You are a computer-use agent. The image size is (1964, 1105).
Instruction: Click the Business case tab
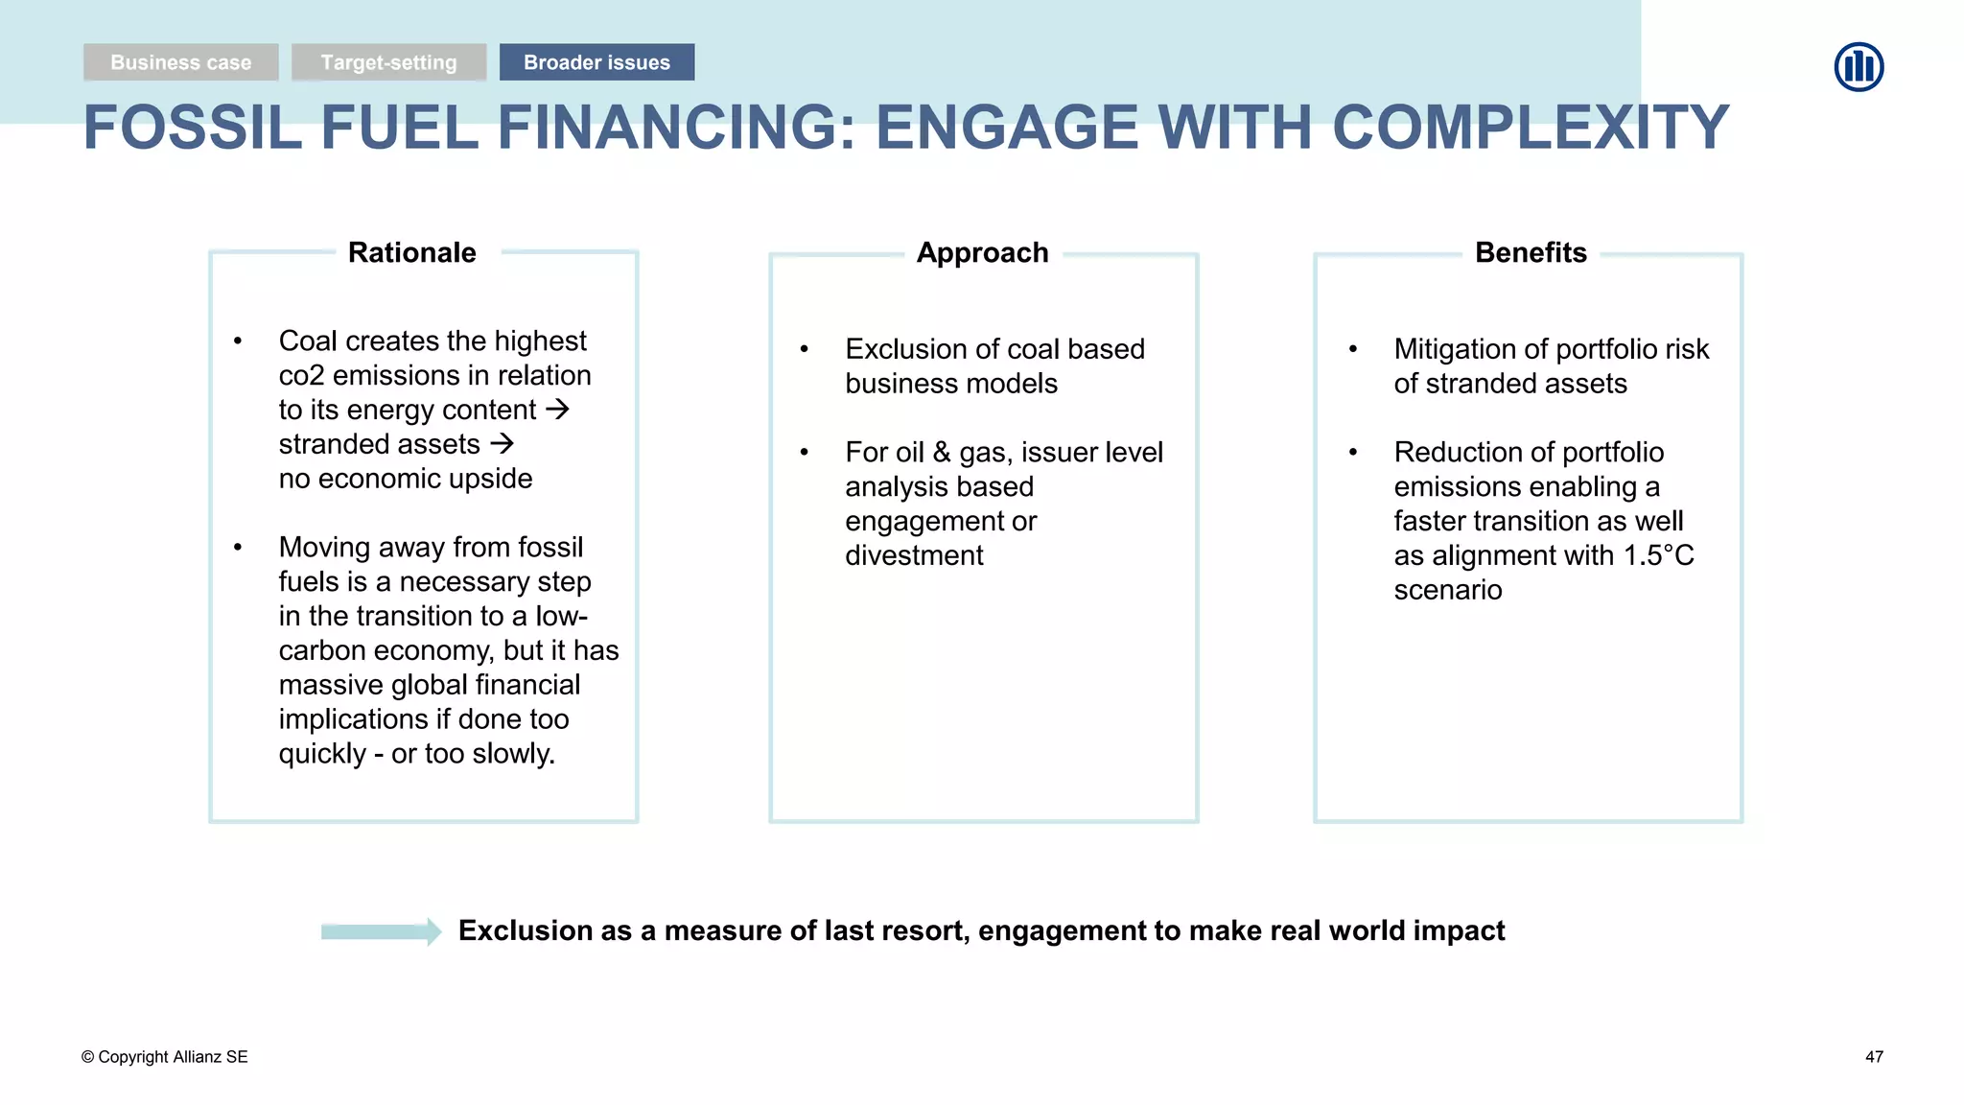click(180, 62)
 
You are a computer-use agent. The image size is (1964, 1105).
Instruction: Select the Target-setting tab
click(388, 62)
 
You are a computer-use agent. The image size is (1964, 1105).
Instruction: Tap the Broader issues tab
click(596, 62)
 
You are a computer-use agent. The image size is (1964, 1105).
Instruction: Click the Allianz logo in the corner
click(1859, 67)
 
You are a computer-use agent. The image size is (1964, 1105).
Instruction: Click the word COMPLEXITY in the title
click(1531, 128)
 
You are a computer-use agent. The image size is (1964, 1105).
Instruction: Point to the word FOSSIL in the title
click(192, 128)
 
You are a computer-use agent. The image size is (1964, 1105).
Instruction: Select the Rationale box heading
click(411, 252)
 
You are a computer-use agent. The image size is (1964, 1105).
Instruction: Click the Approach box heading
click(982, 252)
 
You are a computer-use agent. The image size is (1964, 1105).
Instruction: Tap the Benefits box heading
click(1531, 252)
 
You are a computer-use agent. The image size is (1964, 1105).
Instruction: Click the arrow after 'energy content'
click(557, 410)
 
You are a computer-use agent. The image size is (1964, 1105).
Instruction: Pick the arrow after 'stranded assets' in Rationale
click(502, 444)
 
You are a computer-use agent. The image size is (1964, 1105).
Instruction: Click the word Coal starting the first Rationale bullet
click(308, 341)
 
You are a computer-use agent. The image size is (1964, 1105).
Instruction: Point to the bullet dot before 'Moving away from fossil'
click(238, 548)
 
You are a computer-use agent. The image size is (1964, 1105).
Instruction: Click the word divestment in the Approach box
click(914, 555)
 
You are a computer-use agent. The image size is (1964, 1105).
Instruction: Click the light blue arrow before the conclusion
click(381, 931)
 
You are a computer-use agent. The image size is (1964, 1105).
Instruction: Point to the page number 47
click(1874, 1057)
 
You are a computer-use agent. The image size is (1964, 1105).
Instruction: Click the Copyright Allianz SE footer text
click(165, 1057)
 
